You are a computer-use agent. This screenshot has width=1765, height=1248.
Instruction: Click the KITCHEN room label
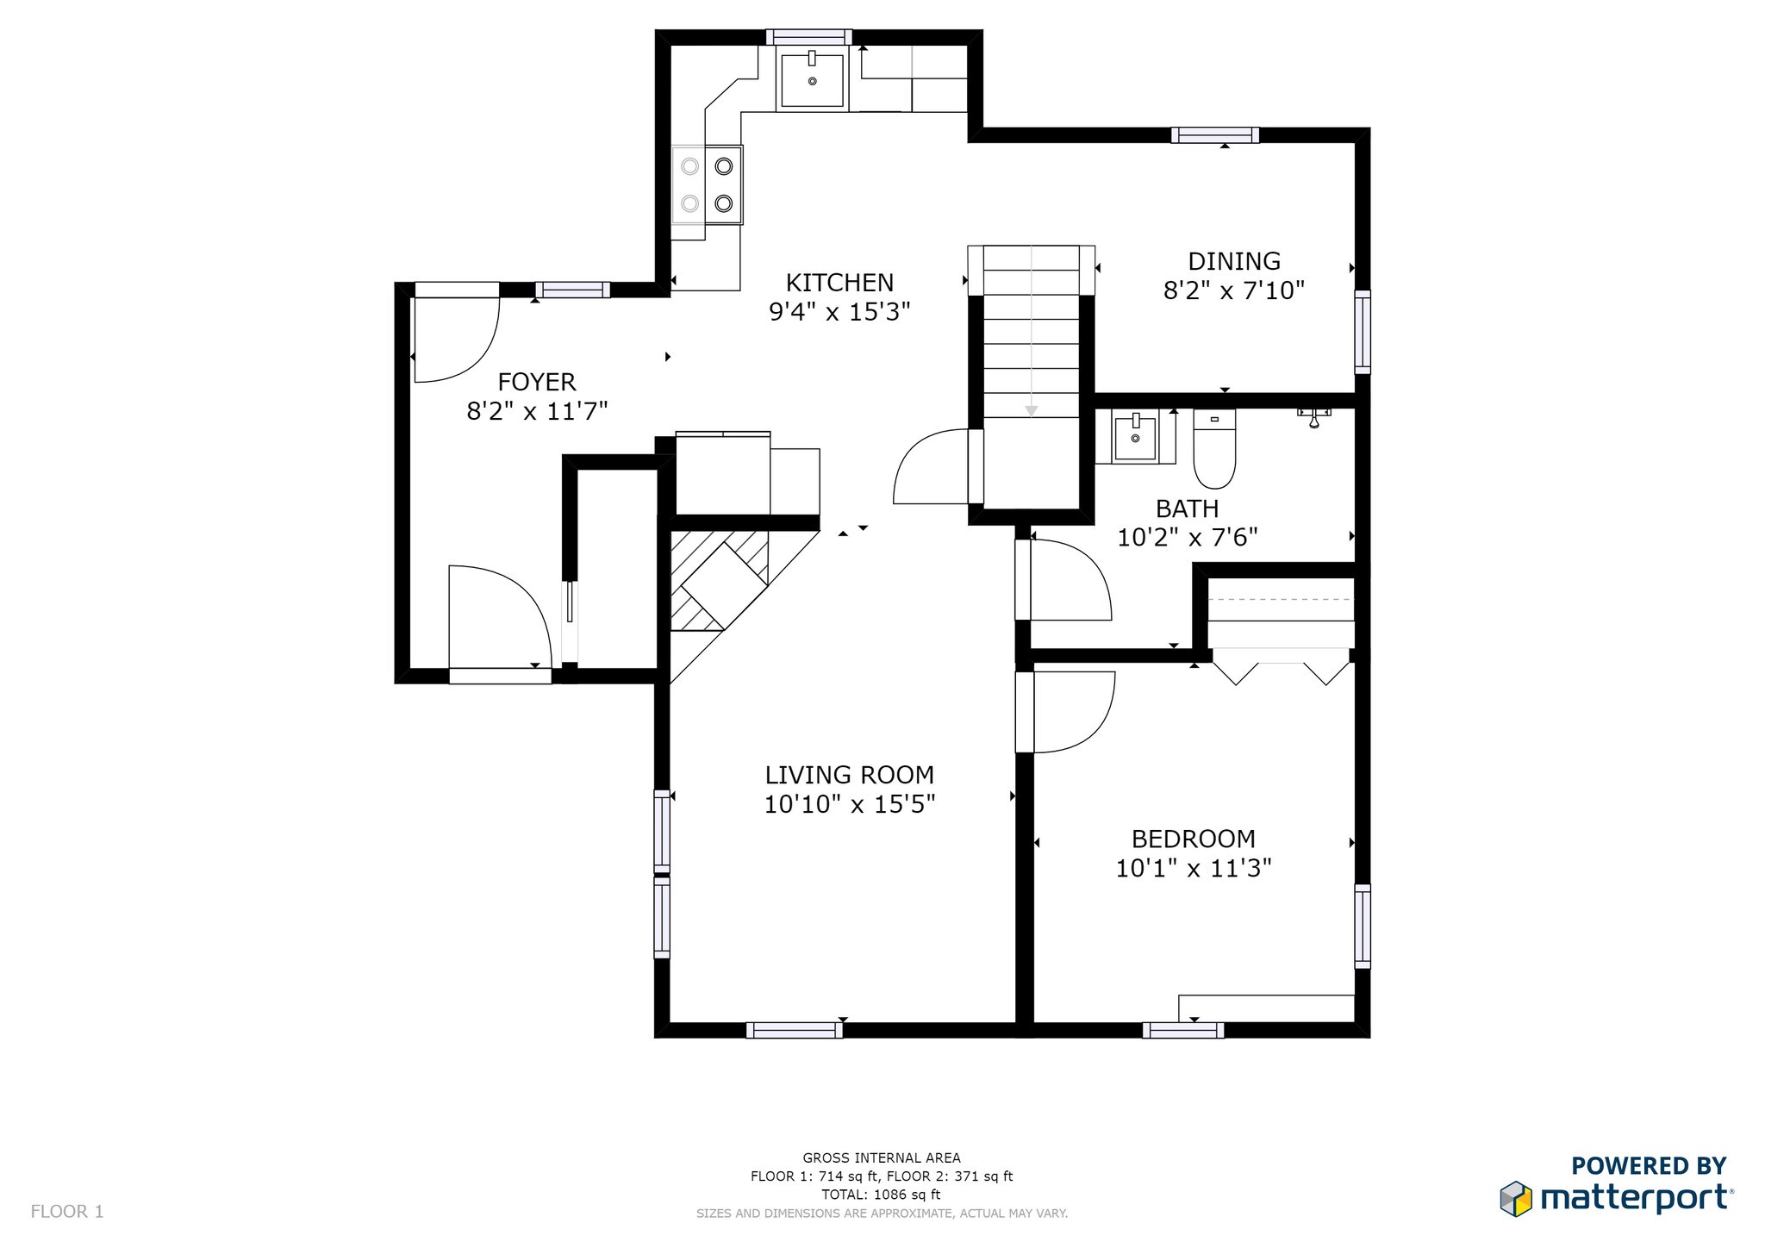click(839, 283)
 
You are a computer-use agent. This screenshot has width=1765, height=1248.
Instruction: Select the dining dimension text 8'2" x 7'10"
click(1233, 290)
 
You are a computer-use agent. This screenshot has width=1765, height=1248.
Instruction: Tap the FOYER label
click(536, 382)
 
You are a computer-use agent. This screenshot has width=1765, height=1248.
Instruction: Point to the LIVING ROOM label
click(849, 775)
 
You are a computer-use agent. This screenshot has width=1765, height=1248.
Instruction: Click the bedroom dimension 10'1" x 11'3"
click(1193, 868)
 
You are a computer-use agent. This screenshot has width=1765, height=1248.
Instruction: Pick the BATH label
click(1187, 509)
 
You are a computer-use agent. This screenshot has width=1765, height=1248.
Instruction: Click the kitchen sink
click(811, 78)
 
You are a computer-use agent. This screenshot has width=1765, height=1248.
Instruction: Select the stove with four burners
click(707, 184)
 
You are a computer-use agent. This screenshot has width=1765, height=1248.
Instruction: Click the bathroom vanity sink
click(1134, 437)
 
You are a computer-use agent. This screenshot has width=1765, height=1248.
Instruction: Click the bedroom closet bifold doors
click(1281, 668)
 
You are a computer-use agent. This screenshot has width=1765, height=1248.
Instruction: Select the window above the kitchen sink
click(808, 37)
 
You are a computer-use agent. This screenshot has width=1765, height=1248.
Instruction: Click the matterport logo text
click(1634, 1199)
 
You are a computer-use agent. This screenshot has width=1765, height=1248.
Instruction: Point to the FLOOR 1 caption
click(67, 1212)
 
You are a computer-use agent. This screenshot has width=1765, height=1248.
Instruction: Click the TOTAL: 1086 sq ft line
click(881, 1195)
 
